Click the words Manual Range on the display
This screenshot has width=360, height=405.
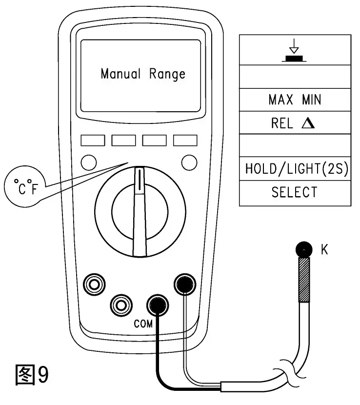click(143, 74)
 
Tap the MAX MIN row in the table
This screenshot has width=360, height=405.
click(295, 100)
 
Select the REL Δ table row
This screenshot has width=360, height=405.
click(295, 123)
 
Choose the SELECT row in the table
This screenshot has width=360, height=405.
click(295, 192)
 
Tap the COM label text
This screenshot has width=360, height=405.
click(143, 324)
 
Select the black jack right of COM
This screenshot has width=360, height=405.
click(185, 283)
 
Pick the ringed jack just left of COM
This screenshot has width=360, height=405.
click(119, 305)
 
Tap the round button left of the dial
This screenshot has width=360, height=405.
click(88, 162)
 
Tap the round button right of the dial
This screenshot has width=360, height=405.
click(188, 162)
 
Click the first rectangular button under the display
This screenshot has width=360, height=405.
click(93, 141)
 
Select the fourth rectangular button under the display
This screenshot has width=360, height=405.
click(185, 141)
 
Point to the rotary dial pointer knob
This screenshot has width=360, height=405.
click(140, 210)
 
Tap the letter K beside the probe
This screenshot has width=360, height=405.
click(324, 250)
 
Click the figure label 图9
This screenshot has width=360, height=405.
click(33, 374)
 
